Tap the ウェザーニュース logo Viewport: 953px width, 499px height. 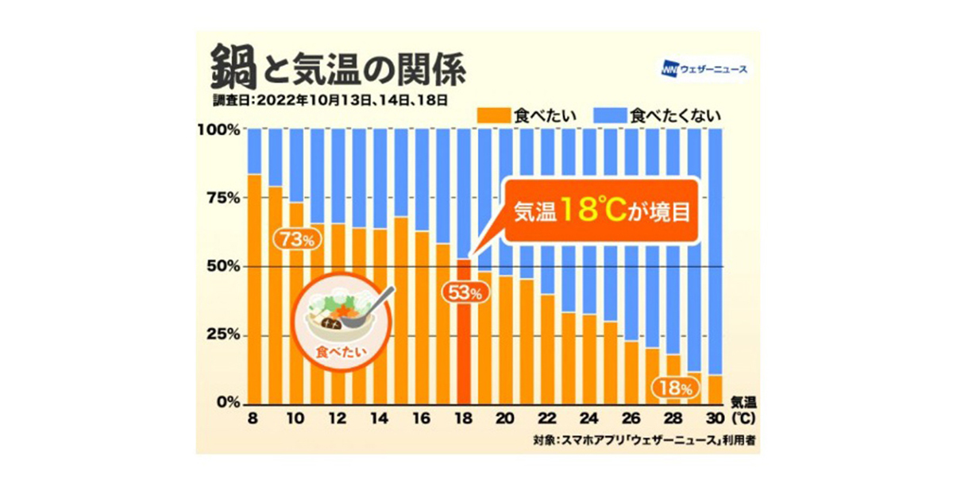703,70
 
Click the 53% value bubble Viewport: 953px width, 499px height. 464,293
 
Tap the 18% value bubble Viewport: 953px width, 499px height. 674,389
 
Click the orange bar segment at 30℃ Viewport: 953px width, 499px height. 715,389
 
